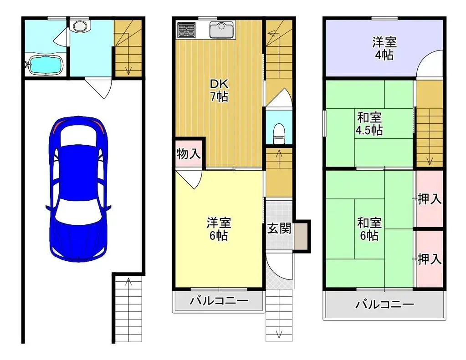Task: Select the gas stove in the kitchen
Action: click(186, 30)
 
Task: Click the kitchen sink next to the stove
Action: click(221, 30)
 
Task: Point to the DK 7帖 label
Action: click(219, 91)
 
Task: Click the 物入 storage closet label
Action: click(188, 154)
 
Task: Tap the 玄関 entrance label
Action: click(279, 228)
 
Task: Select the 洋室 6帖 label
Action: click(219, 229)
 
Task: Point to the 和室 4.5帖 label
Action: click(369, 123)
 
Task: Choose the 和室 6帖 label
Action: click(369, 229)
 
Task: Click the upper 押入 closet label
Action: click(429, 199)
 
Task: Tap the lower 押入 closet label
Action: click(429, 259)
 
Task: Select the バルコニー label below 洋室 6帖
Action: click(219, 301)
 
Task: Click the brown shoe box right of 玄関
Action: click(301, 236)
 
